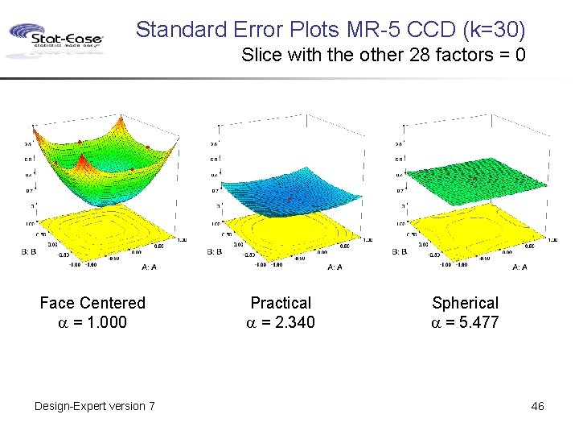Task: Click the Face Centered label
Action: (x=92, y=303)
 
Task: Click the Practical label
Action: (x=281, y=303)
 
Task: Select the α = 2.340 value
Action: (x=281, y=322)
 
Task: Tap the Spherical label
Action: (x=465, y=303)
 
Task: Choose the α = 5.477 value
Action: (x=465, y=322)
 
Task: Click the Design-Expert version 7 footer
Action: (x=95, y=406)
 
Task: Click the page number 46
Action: (x=537, y=406)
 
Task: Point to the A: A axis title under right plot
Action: (x=519, y=267)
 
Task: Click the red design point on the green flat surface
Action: (x=475, y=178)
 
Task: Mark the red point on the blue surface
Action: (x=289, y=198)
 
